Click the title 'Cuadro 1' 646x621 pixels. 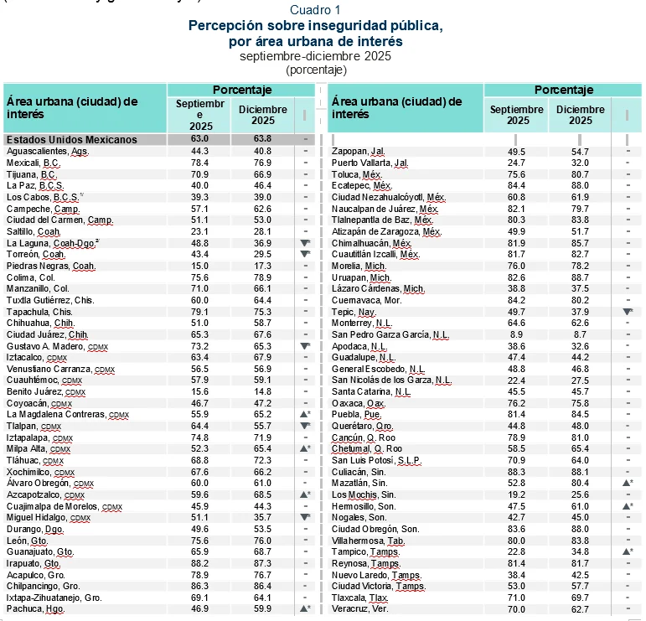[315, 10]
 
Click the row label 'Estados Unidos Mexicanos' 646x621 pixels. [71, 139]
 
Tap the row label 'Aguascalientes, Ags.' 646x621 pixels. [48, 151]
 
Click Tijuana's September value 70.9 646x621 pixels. [199, 173]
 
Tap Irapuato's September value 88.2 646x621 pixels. [199, 564]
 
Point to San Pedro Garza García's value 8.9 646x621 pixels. [517, 334]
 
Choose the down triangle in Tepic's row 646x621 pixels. [628, 311]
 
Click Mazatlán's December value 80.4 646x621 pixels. [581, 484]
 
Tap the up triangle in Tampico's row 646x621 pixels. [628, 552]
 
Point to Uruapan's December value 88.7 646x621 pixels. [581, 277]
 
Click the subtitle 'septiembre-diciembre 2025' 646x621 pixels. [315, 56]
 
